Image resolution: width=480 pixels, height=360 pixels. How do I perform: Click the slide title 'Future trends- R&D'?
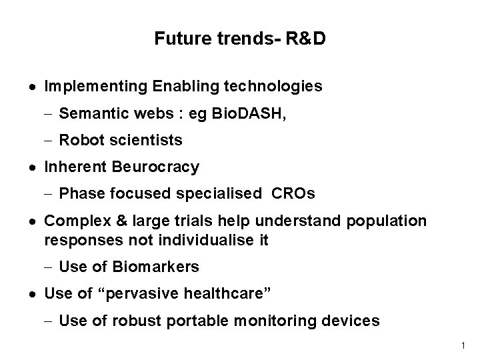[240, 39]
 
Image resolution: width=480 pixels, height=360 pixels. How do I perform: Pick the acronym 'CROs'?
[293, 194]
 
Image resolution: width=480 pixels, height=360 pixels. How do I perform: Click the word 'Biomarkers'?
[156, 267]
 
